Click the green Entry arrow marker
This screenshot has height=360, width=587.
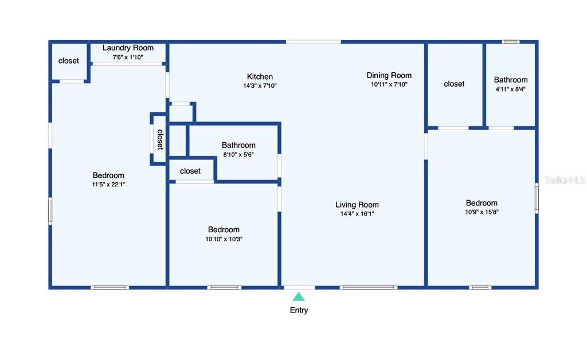(x=299, y=296)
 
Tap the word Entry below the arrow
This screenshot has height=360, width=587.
(x=299, y=310)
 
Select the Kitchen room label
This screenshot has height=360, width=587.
(x=260, y=77)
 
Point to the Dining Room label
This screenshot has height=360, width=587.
(x=389, y=75)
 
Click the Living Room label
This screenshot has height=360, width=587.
(x=357, y=205)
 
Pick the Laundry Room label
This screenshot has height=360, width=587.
(x=128, y=48)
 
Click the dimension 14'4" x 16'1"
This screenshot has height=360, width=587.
(x=357, y=214)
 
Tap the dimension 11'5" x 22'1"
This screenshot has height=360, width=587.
(x=108, y=185)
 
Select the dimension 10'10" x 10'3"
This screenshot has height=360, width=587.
(x=224, y=239)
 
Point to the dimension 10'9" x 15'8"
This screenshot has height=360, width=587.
(x=482, y=212)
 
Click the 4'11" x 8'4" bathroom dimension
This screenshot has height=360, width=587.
(x=510, y=89)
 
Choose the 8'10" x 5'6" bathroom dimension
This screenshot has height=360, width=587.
(x=238, y=154)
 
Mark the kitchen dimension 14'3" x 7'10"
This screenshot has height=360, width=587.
(x=260, y=85)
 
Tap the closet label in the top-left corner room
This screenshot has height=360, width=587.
(x=69, y=61)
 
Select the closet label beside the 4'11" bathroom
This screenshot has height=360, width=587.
(x=454, y=84)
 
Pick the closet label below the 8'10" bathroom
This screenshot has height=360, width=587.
(x=190, y=171)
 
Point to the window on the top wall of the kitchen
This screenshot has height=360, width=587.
(x=313, y=42)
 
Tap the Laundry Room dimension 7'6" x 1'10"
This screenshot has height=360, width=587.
(x=128, y=57)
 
